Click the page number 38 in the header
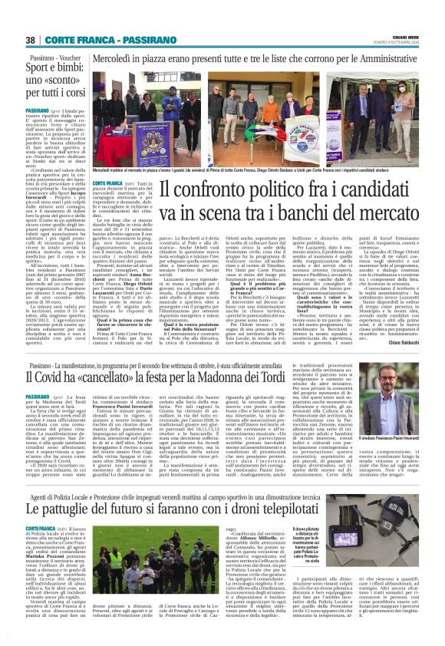pyautogui.click(x=31, y=39)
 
